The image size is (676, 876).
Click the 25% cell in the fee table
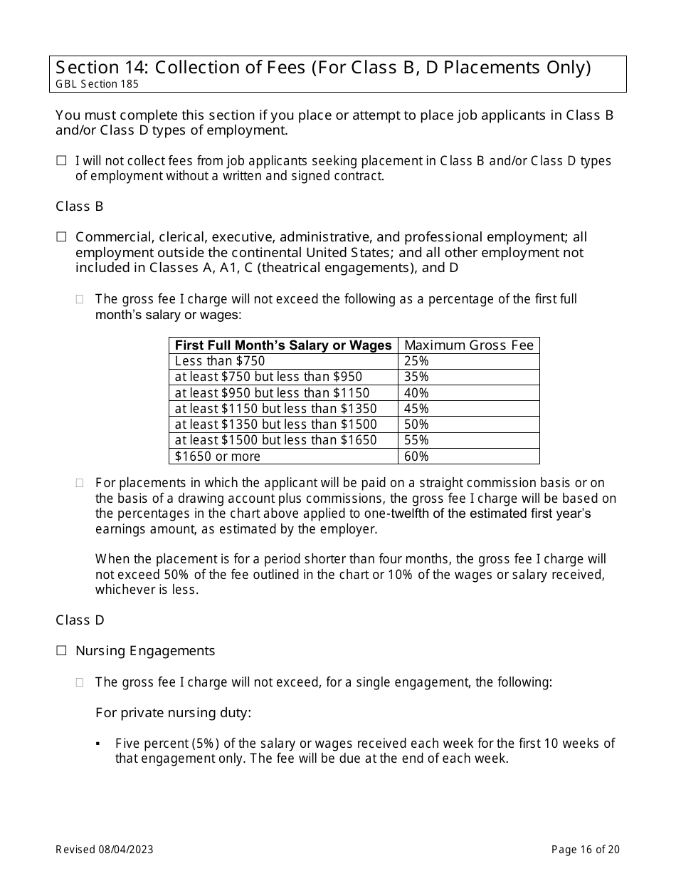pos(416,361)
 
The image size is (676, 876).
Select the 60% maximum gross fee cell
pos(416,457)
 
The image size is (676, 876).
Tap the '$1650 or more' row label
pos(218,457)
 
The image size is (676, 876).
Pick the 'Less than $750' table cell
pos(220,361)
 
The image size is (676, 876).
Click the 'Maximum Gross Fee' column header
pos(468,345)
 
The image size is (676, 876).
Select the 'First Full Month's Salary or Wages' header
pos(283,345)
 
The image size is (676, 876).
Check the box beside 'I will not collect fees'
pos(61,162)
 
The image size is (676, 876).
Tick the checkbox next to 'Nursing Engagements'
pos(61,651)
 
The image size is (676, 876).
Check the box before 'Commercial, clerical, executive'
pos(61,237)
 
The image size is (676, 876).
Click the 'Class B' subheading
pos(80,207)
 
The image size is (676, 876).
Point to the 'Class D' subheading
pos(80,620)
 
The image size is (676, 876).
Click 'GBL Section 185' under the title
pos(97,84)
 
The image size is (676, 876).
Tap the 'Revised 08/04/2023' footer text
pos(105,850)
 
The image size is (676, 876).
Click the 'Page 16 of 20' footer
pos(586,850)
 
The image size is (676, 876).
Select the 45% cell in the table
pos(416,409)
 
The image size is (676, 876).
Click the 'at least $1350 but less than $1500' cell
pos(276,424)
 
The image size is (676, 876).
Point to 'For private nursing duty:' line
pos(173,713)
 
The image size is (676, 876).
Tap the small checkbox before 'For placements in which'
pos(80,483)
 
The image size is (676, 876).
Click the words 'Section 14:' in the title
pos(101,68)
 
